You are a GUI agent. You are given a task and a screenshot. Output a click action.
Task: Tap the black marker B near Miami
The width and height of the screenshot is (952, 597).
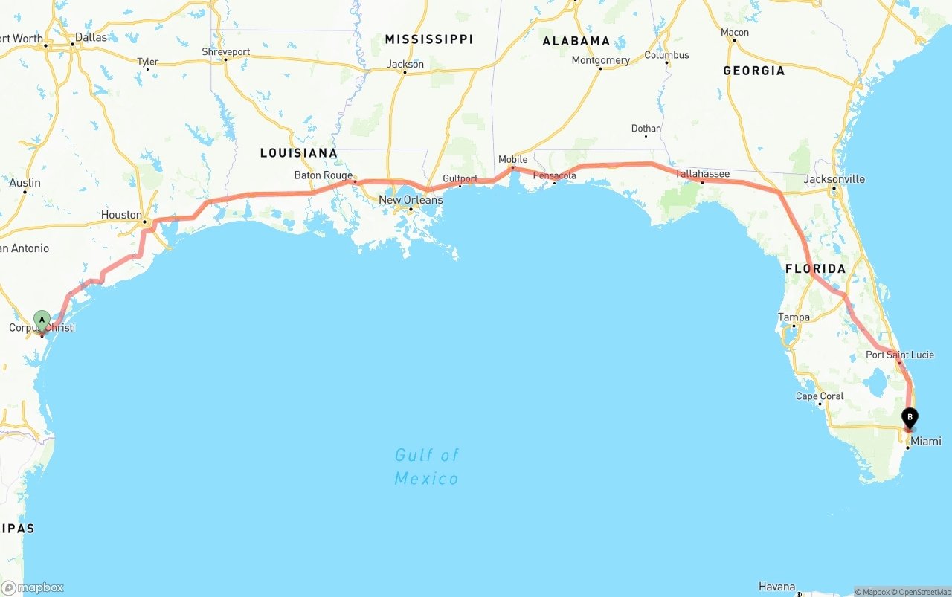[909, 418]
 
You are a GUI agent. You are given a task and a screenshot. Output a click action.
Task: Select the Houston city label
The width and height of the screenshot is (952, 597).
[121, 215]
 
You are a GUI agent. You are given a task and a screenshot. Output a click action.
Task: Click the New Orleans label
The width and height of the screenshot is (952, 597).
[411, 200]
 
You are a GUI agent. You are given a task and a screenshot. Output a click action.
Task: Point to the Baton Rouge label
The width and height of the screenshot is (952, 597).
[323, 175]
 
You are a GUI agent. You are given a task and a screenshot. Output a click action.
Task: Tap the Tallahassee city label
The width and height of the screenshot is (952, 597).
[702, 174]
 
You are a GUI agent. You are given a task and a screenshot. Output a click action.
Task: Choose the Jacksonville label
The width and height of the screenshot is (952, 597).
[834, 179]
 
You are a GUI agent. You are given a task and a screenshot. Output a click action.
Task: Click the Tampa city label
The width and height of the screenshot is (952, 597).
[794, 317]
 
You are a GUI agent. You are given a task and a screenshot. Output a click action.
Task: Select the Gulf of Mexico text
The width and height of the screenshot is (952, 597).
[427, 466]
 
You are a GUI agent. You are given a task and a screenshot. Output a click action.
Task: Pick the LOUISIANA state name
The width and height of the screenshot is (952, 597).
[298, 153]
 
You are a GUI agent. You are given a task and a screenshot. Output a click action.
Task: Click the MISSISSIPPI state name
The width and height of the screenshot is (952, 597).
[428, 39]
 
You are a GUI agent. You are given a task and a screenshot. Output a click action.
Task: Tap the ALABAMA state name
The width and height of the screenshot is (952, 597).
[576, 41]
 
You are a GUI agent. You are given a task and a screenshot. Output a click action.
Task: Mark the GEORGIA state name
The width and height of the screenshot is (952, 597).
[753, 71]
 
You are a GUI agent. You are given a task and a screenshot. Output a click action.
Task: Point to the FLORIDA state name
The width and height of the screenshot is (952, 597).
[815, 268]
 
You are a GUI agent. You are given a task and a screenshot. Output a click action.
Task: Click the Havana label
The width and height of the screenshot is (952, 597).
[776, 587]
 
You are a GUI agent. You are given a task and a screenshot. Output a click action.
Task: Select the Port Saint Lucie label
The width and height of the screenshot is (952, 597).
[899, 355]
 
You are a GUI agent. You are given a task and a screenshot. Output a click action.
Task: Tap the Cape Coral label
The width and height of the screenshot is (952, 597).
[820, 396]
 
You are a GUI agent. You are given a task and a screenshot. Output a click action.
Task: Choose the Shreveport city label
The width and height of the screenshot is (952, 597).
[225, 52]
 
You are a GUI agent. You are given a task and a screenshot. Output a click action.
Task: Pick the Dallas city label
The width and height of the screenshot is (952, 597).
[91, 37]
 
